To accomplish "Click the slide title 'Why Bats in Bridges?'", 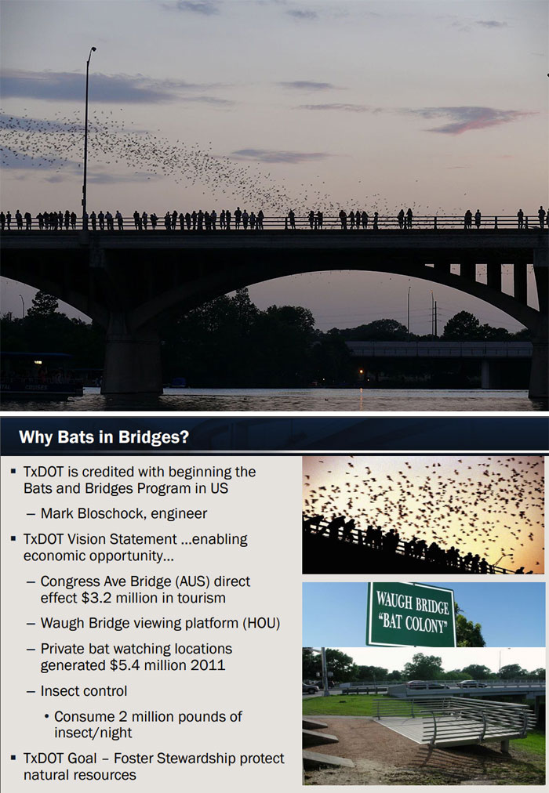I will tap(104, 436).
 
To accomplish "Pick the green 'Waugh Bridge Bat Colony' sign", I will tap(410, 614).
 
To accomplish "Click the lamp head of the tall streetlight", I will tap(93, 50).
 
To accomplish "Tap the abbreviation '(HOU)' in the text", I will tap(260, 624).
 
